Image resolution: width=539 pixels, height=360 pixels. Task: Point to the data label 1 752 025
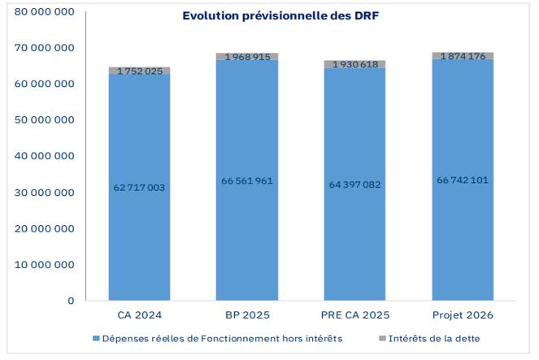pyautogui.click(x=139, y=72)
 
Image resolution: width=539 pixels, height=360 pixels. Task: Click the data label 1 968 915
pyautogui.click(x=246, y=57)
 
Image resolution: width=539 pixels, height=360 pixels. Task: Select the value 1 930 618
pyautogui.click(x=354, y=64)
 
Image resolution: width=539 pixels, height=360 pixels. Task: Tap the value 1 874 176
pyautogui.click(x=462, y=56)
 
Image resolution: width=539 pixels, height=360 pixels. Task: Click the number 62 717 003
pyautogui.click(x=139, y=188)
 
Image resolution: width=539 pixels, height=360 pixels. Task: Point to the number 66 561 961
pyautogui.click(x=246, y=180)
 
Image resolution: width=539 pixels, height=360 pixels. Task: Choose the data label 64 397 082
pyautogui.click(x=354, y=184)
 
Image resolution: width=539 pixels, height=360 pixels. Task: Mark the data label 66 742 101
pyautogui.click(x=462, y=180)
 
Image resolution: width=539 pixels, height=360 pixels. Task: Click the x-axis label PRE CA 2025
pyautogui.click(x=354, y=315)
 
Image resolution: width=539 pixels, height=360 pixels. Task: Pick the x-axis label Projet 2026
pyautogui.click(x=462, y=315)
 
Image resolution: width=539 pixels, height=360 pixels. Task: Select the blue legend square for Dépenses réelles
pyautogui.click(x=96, y=338)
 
